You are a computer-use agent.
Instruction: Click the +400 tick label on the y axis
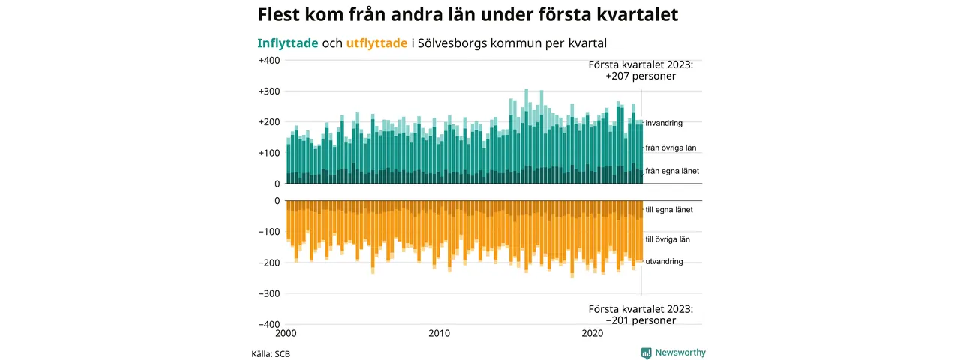point(268,61)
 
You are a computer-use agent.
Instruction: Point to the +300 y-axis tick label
point(268,91)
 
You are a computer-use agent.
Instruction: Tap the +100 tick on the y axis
point(268,153)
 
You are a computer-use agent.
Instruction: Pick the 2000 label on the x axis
point(286,334)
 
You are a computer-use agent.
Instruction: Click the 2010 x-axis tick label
point(439,334)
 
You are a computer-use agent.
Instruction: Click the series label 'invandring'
point(664,123)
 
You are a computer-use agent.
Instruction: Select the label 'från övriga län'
point(671,148)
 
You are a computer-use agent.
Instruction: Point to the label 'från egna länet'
point(672,172)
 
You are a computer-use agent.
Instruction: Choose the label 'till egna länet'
point(669,210)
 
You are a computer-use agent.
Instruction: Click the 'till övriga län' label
point(667,239)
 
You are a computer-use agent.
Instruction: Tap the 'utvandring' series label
point(664,261)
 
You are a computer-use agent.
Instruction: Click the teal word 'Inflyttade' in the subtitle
point(288,43)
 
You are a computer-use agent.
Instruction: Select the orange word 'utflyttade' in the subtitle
point(377,43)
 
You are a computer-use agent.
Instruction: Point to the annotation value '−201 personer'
point(640,320)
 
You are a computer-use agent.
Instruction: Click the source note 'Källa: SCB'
point(271,353)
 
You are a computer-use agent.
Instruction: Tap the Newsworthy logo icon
point(646,352)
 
